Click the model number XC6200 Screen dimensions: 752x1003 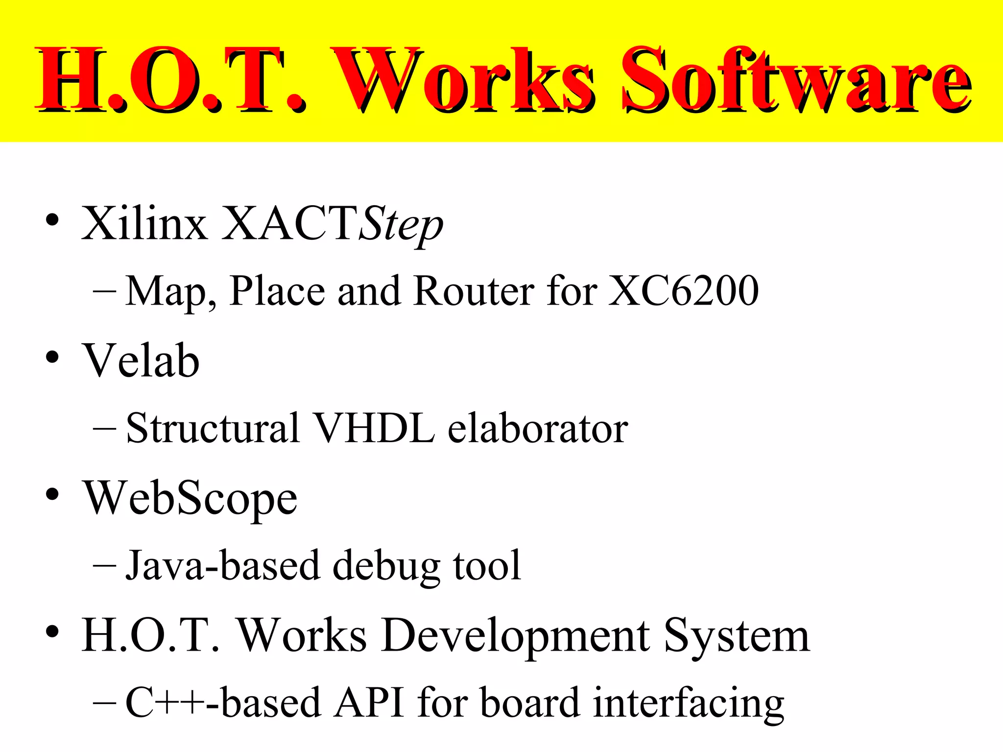pyautogui.click(x=684, y=291)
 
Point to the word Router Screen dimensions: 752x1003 pyautogui.click(x=473, y=291)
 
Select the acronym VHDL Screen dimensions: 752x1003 pyautogui.click(x=374, y=428)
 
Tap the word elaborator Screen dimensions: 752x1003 pyautogui.click(x=538, y=428)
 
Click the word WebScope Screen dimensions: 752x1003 pyautogui.click(x=190, y=498)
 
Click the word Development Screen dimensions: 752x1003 pyautogui.click(x=516, y=635)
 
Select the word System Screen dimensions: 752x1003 pyautogui.click(x=737, y=635)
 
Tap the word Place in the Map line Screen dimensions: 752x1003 pyautogui.click(x=277, y=291)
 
